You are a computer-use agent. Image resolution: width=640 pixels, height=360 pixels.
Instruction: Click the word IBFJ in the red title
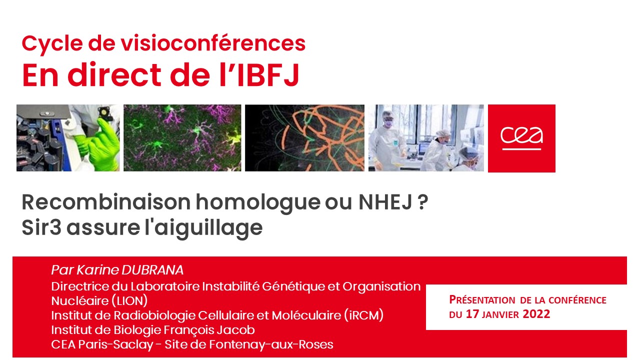pos(267,75)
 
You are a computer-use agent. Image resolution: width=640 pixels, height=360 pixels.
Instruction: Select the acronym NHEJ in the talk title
pos(385,202)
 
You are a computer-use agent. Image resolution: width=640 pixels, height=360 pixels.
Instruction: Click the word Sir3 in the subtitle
pos(41,227)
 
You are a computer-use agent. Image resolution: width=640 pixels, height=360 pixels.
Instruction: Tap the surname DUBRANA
pos(152,270)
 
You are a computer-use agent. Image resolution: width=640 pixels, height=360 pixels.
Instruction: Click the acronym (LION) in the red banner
pos(129,301)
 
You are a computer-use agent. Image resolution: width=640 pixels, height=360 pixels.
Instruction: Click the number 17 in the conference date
pos(472,314)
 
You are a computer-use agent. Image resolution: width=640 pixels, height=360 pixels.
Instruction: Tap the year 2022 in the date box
pos(536,314)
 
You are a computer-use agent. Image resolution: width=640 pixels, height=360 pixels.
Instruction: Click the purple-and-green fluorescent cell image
pos(182,138)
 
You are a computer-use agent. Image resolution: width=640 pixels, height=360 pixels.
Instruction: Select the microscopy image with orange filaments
pos(304,138)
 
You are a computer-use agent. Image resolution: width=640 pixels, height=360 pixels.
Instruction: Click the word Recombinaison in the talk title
pos(106,202)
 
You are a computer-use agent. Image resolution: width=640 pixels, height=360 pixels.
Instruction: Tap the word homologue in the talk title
pos(258,203)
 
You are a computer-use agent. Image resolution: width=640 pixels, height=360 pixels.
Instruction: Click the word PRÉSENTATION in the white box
pos(482,300)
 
